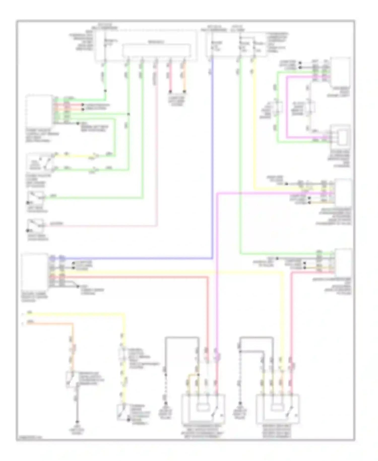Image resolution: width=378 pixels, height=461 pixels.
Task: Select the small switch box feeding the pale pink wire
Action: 36,225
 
